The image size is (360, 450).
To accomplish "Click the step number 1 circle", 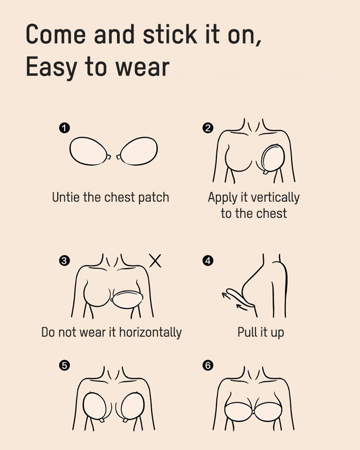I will pos(64,128).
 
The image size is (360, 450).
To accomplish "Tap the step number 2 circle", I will pos(208,128).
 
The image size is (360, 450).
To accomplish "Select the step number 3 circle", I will pos(64,260).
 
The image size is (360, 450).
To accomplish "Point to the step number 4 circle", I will pos(208,260).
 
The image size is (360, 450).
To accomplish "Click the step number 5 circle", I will pos(64,365).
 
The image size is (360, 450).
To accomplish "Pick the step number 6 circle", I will pos(208,365).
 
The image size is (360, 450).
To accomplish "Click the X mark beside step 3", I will pos(155,261).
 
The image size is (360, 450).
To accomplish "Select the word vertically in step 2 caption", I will pos(275,198).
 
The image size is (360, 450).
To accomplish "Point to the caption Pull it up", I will pos(261,333).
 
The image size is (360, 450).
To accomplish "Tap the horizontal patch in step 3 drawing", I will pos(127,299).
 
